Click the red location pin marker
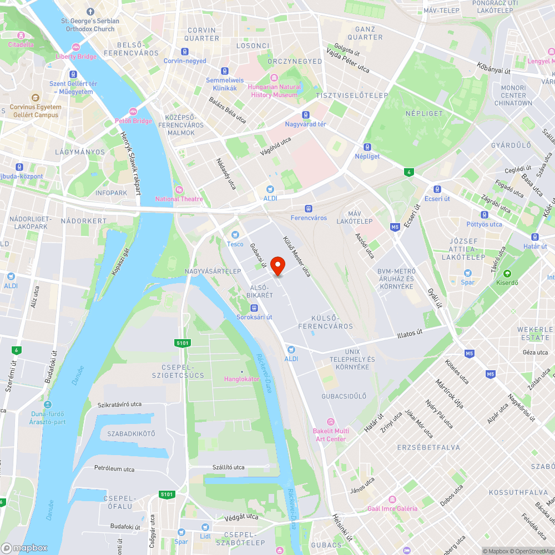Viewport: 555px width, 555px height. [x=278, y=265]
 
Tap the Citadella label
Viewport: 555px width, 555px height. [x=21, y=44]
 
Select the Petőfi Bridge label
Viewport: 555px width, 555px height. [x=133, y=120]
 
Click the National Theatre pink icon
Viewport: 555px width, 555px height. [x=179, y=189]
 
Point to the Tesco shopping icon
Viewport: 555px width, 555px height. [x=235, y=235]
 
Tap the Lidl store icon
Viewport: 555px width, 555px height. [x=205, y=527]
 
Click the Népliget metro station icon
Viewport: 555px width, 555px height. [x=367, y=147]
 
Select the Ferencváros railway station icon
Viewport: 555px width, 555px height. [x=309, y=208]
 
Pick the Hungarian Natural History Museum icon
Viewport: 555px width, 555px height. [x=274, y=78]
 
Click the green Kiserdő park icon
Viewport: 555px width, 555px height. [x=506, y=273]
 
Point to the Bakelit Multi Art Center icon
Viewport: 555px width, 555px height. [x=331, y=422]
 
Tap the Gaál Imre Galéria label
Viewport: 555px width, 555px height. [x=392, y=508]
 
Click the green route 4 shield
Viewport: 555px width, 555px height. [x=409, y=172]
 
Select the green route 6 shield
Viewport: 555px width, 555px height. [x=16, y=350]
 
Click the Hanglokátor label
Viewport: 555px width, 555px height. [x=241, y=379]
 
